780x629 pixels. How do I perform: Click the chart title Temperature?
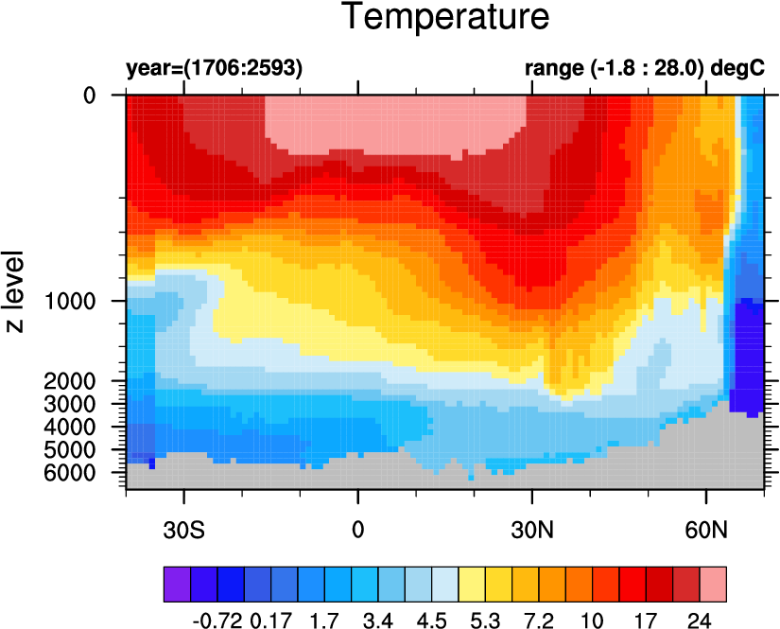point(446,16)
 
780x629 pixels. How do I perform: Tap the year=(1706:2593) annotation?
point(215,68)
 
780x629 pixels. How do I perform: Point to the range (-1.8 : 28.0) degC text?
point(645,68)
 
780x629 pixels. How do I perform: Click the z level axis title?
point(15,292)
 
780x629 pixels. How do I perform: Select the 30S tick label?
point(183,531)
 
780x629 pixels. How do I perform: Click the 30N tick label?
point(532,531)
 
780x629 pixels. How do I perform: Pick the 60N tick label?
point(706,531)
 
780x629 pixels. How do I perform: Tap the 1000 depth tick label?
point(70,301)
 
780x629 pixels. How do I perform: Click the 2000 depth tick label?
point(70,381)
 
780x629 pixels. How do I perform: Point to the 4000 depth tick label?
point(70,427)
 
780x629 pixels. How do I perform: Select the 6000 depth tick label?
point(70,473)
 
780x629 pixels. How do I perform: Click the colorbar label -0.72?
point(217,620)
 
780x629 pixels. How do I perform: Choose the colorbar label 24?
point(700,620)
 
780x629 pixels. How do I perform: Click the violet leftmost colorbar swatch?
point(177,585)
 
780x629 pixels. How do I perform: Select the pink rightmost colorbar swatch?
point(713,585)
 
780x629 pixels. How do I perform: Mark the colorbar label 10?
point(592,620)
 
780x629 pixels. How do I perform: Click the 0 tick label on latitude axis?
point(358,531)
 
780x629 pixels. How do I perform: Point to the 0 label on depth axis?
point(90,95)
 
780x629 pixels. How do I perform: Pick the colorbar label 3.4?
point(378,620)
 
